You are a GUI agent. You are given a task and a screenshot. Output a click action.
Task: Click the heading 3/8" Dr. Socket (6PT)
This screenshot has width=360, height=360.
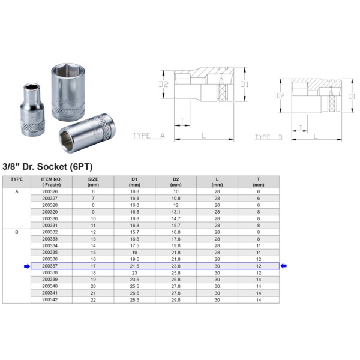pos(48,166)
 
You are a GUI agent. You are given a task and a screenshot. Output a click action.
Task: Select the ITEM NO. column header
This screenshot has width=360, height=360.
pos(51,182)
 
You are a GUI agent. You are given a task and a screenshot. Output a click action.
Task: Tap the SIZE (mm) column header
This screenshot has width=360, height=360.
pos(93,182)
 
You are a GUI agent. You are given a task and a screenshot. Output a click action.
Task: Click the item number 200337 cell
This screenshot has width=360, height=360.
pos(51,266)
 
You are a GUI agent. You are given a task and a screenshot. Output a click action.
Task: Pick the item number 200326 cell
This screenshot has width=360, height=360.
pos(51,191)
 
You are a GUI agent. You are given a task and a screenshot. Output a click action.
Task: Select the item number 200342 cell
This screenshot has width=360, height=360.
pos(51,299)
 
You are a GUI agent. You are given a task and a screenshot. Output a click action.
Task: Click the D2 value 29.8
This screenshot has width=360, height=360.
pos(176,299)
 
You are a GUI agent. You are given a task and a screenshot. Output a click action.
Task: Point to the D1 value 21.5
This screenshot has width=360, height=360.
pos(134,266)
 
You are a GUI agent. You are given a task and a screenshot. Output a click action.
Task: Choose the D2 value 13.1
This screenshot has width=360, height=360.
pos(176,211)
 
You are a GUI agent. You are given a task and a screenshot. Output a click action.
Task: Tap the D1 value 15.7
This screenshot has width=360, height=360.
pos(134,232)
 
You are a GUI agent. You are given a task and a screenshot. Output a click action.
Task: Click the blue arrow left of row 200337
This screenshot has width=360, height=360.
pos(26,266)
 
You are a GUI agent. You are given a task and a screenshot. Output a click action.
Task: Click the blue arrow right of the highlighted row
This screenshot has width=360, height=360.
pos(284,266)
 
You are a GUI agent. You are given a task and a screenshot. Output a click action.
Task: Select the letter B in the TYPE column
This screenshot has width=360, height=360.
pos(17,232)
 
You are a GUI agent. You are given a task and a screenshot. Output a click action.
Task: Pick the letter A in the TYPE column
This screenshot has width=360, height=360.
pos(17,191)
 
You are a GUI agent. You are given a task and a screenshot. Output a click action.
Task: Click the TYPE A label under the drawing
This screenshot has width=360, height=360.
pos(148,136)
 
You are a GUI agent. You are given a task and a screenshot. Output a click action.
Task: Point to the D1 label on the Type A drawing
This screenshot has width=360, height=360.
pos(244,85)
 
